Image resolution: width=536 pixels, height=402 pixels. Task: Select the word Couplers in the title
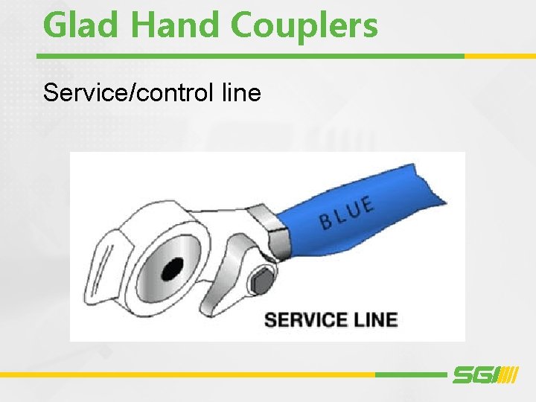point(304,27)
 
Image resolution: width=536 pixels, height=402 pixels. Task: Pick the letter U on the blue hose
point(353,208)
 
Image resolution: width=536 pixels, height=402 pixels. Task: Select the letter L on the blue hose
point(339,214)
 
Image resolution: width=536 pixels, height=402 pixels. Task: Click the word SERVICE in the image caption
point(304,320)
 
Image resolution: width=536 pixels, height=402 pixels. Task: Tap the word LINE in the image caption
point(374,320)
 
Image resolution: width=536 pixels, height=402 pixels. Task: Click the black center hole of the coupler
point(173,267)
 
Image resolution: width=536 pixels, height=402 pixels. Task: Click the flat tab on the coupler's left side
point(104,257)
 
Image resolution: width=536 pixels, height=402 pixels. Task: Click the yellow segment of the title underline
point(500,56)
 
